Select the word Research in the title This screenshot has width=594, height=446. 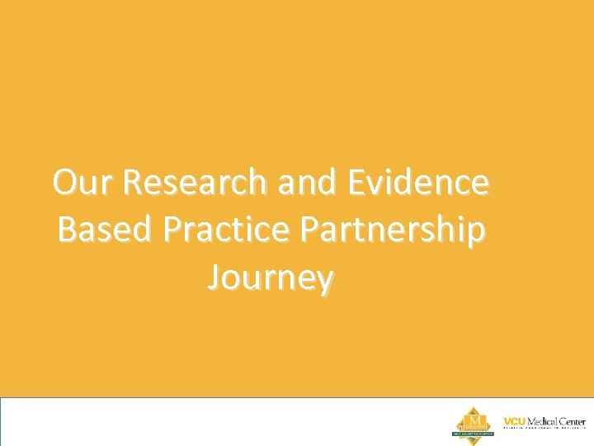196,183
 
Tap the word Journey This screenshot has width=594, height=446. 271,279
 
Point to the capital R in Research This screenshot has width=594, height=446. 135,183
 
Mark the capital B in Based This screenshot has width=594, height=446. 68,230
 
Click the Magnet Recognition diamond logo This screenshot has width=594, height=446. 474,422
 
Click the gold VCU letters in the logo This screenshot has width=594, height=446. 515,421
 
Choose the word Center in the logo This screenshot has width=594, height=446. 573,421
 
